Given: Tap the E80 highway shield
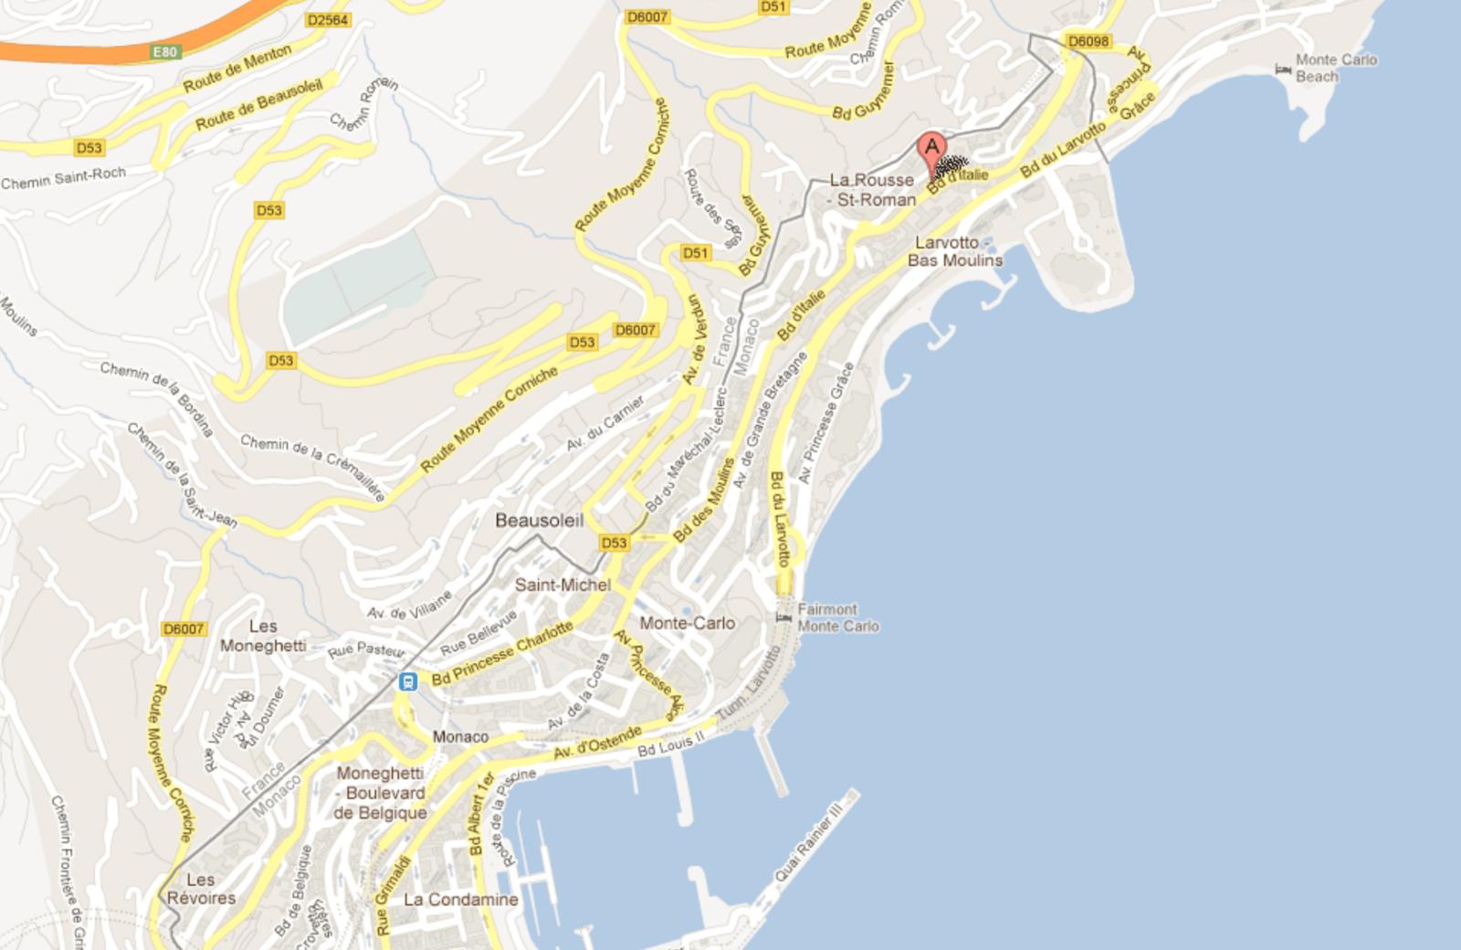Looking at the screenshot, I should [x=164, y=52].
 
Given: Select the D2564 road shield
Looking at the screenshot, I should [x=328, y=20].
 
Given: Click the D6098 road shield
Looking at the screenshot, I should [x=1088, y=41].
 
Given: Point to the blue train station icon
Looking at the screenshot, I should [x=407, y=681].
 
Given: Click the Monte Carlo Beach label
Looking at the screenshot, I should [x=1336, y=68].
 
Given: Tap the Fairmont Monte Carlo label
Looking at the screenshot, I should [x=837, y=617].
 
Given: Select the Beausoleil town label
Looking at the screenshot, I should [x=539, y=521].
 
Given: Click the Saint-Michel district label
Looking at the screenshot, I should [x=562, y=585].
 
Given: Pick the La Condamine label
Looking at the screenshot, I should [x=460, y=900].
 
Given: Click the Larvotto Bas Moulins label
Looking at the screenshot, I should [x=954, y=251].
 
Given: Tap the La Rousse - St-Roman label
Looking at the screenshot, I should [x=871, y=190].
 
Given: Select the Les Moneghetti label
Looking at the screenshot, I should [x=263, y=636].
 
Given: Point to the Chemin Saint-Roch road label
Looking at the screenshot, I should [x=63, y=178].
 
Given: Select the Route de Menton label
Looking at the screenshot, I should [x=237, y=69].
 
